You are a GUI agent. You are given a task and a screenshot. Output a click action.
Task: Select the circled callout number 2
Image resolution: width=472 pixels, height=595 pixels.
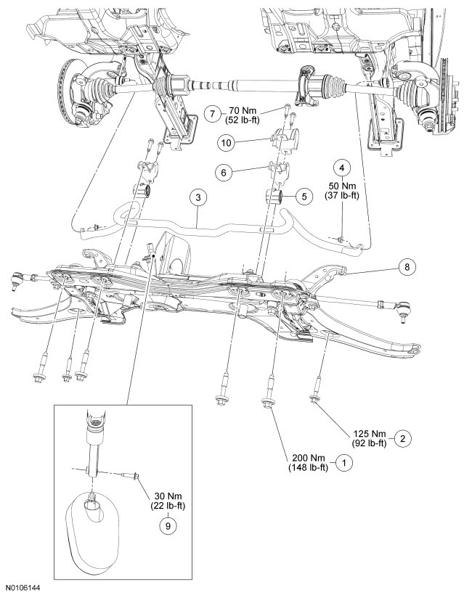pyautogui.click(x=404, y=438)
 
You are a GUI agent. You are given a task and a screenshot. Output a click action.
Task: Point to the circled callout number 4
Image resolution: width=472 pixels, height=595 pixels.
pyautogui.click(x=342, y=165)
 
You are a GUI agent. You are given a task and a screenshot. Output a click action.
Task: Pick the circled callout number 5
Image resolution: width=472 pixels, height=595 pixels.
pyautogui.click(x=305, y=197)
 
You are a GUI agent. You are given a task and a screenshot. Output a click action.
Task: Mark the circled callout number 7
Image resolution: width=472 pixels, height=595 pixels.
pyautogui.click(x=211, y=113)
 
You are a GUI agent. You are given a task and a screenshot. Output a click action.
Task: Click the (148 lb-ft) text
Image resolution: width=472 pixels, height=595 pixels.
pyautogui.click(x=305, y=467)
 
